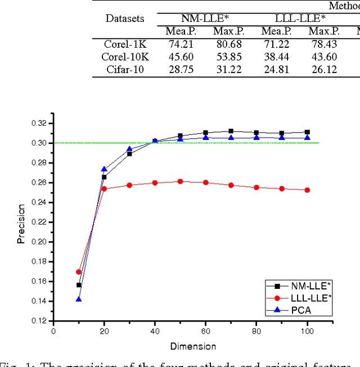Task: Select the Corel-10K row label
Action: [x=125, y=57]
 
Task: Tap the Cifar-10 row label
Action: [x=125, y=69]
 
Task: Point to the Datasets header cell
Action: [x=125, y=19]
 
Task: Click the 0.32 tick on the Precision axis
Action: [x=38, y=123]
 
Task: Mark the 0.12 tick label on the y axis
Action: [x=38, y=321]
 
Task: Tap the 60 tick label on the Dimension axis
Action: [x=205, y=332]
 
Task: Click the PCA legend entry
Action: [x=304, y=310]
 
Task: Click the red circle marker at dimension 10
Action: [x=79, y=272]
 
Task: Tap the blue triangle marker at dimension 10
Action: [x=79, y=299]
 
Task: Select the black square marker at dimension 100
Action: [x=307, y=132]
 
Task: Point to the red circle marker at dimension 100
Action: [x=307, y=190]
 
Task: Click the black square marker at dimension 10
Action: [x=79, y=285]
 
